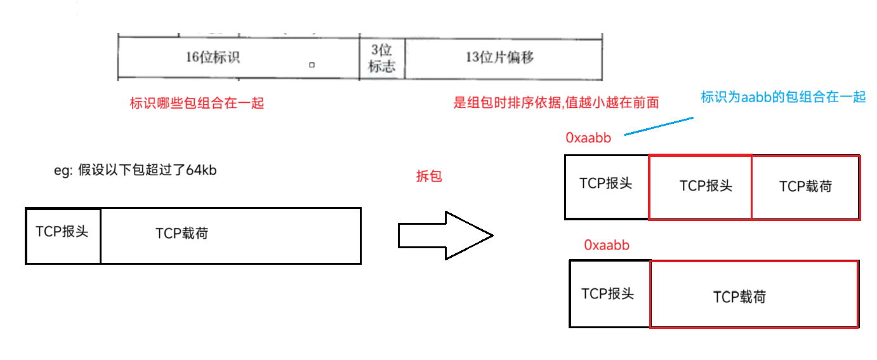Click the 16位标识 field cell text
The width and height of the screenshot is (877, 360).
[213, 57]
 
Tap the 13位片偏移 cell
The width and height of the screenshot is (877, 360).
[499, 57]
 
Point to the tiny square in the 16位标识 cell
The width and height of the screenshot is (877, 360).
[312, 65]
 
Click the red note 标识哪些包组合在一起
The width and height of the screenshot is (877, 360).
[197, 103]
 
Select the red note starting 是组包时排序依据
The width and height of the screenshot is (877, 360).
[556, 103]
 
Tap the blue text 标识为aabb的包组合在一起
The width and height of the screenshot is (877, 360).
[783, 97]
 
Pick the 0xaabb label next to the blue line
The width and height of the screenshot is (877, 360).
[588, 137]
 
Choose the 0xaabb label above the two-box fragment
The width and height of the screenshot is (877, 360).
[606, 245]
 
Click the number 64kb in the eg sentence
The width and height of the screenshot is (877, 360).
[201, 171]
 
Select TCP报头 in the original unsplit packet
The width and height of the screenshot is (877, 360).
[62, 231]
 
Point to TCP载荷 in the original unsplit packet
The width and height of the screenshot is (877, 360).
[181, 234]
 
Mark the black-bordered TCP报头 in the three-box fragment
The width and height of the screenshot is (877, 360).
[605, 183]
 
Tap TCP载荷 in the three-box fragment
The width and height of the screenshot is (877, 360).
[805, 186]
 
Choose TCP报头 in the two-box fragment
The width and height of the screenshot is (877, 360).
[607, 293]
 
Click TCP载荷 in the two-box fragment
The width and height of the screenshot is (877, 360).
[739, 297]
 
